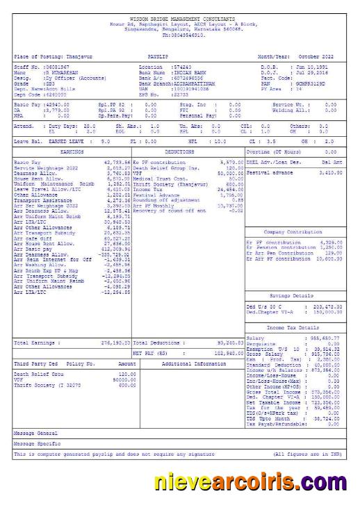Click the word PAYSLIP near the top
(158, 56)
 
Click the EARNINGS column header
(72, 151)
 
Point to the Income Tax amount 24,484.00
(229, 189)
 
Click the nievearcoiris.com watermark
(251, 482)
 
